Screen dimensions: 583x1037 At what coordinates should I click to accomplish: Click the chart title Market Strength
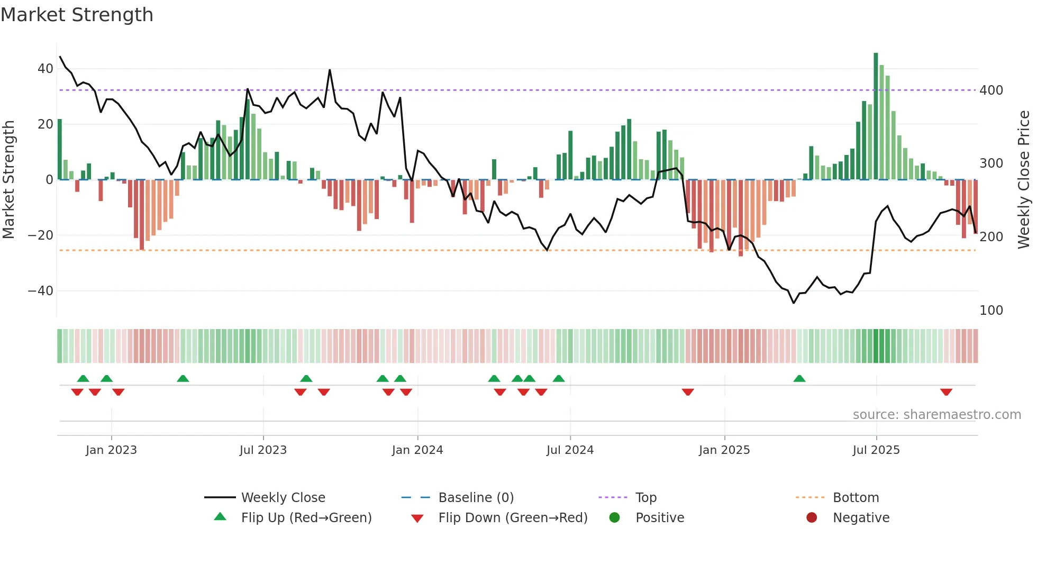[77, 15]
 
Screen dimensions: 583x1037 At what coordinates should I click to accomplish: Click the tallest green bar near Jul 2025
[876, 116]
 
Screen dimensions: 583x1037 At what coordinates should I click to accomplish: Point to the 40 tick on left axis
[45, 69]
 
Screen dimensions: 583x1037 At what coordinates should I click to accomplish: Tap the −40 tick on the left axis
[41, 291]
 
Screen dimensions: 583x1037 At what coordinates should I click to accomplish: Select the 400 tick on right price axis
[991, 90]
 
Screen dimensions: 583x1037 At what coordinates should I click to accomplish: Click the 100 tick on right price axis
[991, 311]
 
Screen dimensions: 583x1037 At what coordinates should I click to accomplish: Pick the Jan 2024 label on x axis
[417, 450]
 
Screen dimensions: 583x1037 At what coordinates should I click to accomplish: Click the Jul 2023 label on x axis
[263, 450]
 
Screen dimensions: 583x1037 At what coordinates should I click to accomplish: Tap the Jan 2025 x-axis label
[724, 450]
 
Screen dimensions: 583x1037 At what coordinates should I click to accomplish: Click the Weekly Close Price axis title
[1024, 180]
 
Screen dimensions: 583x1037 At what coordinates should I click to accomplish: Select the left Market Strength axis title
[9, 180]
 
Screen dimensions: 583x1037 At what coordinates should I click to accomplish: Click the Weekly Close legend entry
[283, 498]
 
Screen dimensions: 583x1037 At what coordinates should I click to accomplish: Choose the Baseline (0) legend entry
[476, 498]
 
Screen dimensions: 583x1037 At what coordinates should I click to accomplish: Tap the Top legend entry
[645, 498]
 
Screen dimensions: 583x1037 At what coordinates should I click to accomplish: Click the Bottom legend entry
[856, 498]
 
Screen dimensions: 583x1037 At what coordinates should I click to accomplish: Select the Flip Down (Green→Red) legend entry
[512, 518]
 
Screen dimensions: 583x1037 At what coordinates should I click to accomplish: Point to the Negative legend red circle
[812, 518]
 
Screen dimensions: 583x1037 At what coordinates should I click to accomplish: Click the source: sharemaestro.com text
[936, 415]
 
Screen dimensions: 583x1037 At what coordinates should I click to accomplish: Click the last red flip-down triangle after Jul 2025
[946, 392]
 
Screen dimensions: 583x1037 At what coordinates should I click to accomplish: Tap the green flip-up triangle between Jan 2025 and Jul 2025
[799, 379]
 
